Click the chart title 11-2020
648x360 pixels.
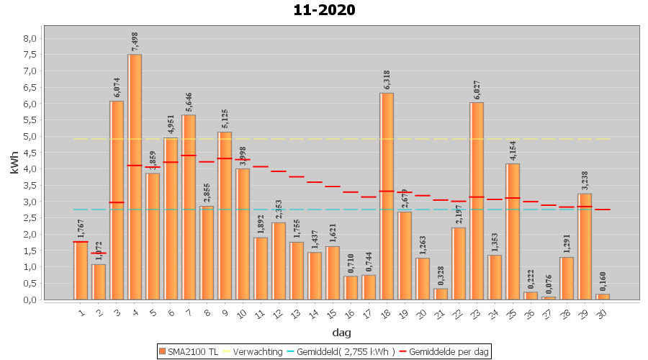324,10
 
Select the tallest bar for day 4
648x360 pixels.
135,176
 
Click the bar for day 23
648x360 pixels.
477,201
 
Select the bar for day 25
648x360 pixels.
513,231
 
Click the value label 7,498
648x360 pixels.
135,41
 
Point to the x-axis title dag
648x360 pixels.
341,332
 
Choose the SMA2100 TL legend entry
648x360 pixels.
189,351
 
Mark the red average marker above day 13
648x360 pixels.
297,176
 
